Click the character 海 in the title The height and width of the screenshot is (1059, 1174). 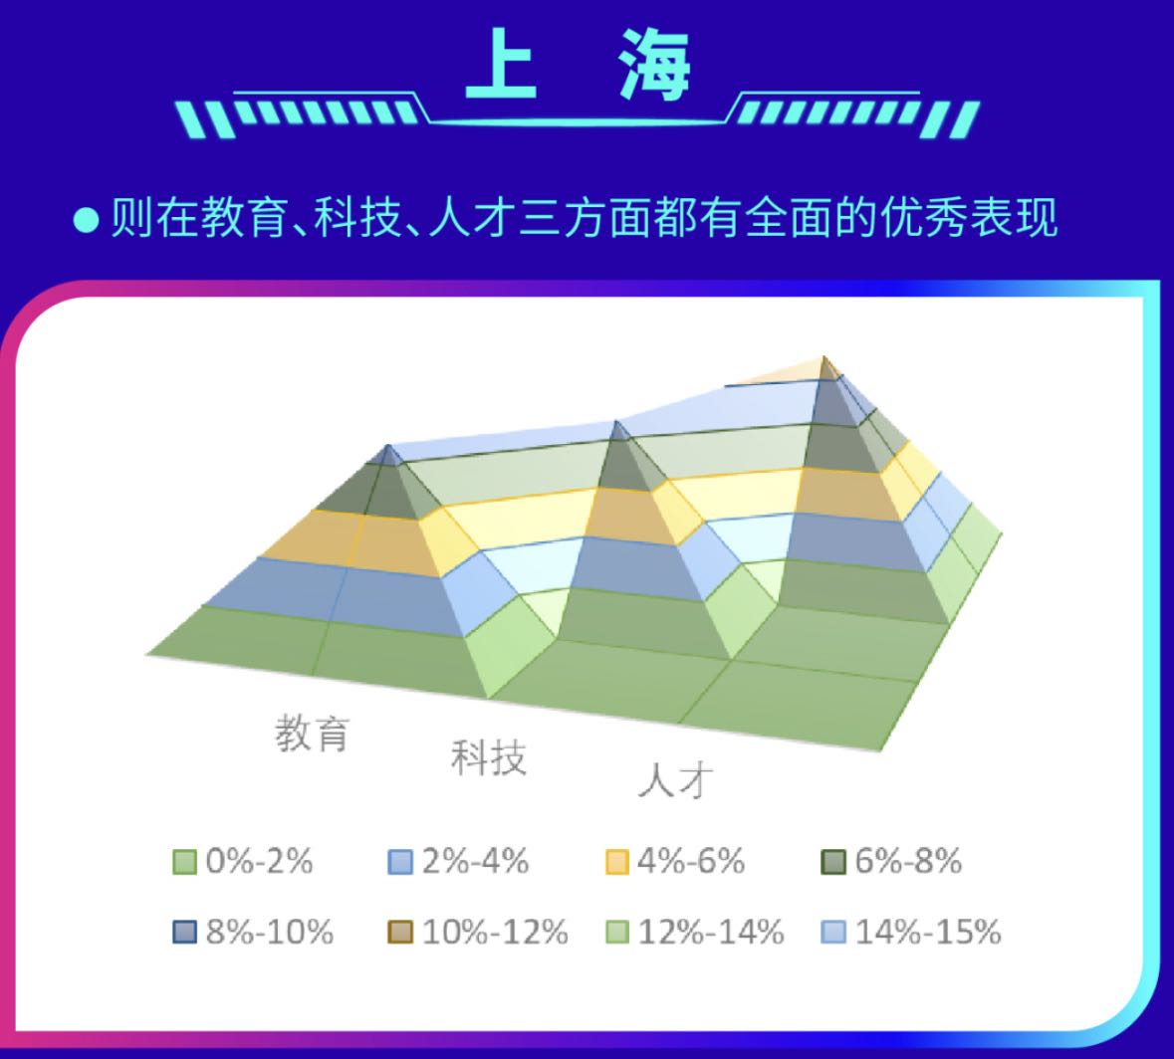coord(653,65)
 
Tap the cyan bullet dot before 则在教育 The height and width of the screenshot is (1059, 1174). coord(86,221)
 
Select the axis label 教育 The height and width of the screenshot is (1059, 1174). coord(313,733)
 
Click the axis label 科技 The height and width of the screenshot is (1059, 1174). coord(488,757)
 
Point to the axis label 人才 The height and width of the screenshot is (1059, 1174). coord(675,781)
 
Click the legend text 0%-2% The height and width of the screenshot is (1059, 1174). coord(259,861)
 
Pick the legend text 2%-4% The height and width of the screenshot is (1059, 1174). coord(475,861)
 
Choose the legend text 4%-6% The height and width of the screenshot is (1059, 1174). coord(691,861)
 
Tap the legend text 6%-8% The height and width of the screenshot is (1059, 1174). coord(908,861)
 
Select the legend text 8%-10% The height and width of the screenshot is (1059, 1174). coord(270,933)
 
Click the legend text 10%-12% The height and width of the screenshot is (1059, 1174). coord(495,933)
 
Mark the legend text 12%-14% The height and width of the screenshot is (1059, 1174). coord(711,933)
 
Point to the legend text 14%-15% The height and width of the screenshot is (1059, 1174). coord(928,933)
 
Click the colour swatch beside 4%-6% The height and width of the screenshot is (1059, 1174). coord(617,862)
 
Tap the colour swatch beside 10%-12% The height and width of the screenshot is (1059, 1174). coord(400,933)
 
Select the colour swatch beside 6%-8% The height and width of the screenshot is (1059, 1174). coord(833,862)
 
